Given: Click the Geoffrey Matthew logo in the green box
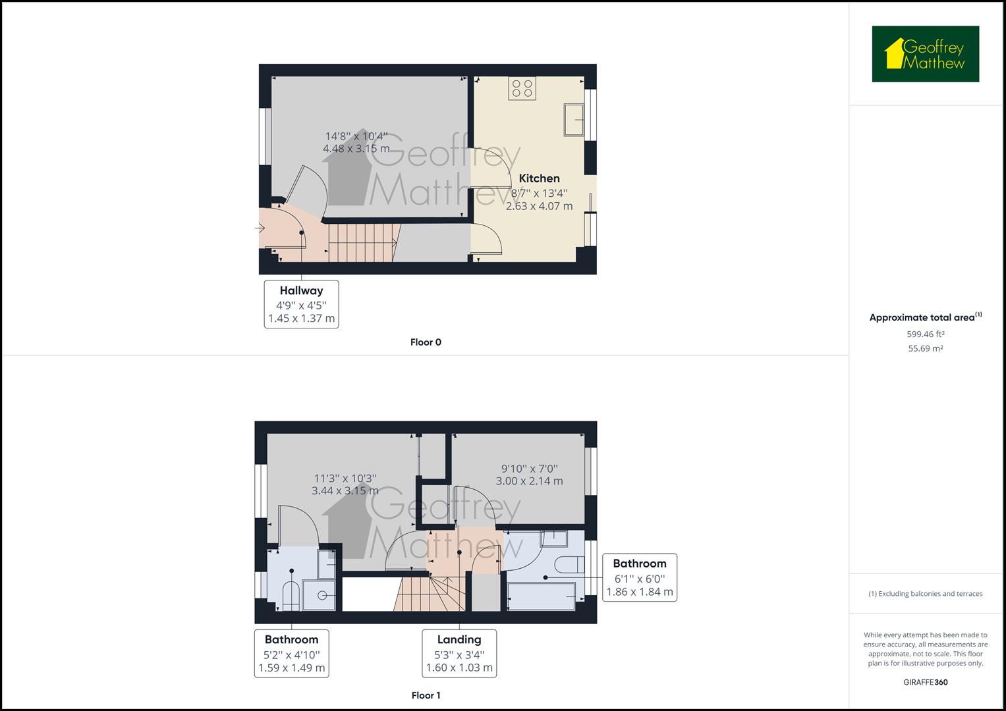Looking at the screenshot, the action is pyautogui.click(x=925, y=54).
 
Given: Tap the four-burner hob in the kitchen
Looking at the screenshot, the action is pyautogui.click(x=522, y=88).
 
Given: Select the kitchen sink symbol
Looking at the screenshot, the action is pyautogui.click(x=574, y=120).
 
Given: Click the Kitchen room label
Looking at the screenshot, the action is pyautogui.click(x=539, y=178).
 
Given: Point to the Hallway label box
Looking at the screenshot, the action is pyautogui.click(x=301, y=304).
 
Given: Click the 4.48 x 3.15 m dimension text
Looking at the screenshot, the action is pyautogui.click(x=356, y=148).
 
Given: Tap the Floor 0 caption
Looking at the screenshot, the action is pyautogui.click(x=426, y=342).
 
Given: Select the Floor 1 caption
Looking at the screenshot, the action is pyautogui.click(x=426, y=695).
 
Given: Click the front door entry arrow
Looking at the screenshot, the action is pyautogui.click(x=260, y=228).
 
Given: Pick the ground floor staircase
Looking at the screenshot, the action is pyautogui.click(x=364, y=243).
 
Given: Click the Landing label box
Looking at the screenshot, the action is pyautogui.click(x=459, y=653).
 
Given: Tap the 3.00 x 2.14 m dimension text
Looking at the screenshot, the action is pyautogui.click(x=529, y=481).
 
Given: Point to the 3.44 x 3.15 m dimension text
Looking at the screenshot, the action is pyautogui.click(x=345, y=490).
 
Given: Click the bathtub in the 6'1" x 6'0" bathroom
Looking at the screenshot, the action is pyautogui.click(x=541, y=596).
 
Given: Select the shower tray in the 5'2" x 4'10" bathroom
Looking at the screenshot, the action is pyautogui.click(x=318, y=596).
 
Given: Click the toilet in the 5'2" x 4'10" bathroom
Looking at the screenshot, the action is pyautogui.click(x=291, y=596).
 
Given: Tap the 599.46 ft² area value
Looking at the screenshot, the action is pyautogui.click(x=925, y=334).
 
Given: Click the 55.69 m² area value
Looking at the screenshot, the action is pyautogui.click(x=925, y=348).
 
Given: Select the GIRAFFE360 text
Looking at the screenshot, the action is pyautogui.click(x=925, y=682).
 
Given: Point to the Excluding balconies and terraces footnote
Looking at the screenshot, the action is pyautogui.click(x=925, y=594).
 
